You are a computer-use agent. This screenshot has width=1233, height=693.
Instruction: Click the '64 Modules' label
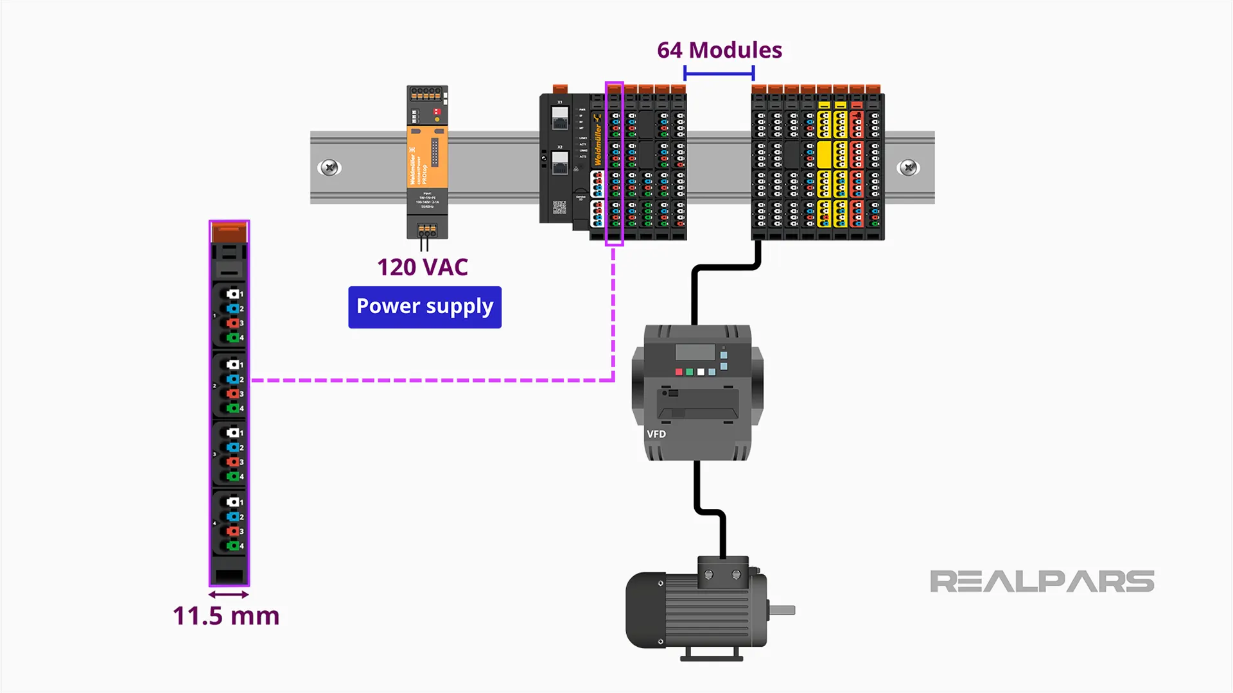(x=719, y=50)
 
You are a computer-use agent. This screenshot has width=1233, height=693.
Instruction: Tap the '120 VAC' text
(x=422, y=267)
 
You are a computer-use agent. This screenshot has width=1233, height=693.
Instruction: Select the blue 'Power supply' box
(x=424, y=307)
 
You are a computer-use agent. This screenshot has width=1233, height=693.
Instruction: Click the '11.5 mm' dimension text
(x=226, y=616)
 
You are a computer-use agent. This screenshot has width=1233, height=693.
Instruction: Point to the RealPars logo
(x=1042, y=581)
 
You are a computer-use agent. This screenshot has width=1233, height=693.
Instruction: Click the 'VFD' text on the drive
(x=656, y=434)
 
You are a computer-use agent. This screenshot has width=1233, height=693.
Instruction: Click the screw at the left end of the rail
(x=329, y=168)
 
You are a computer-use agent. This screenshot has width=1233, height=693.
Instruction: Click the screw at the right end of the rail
(x=908, y=168)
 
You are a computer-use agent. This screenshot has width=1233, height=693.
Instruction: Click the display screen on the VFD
(x=695, y=352)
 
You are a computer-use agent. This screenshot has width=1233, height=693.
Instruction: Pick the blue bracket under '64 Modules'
(x=719, y=73)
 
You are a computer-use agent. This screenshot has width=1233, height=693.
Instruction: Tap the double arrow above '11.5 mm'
(x=229, y=595)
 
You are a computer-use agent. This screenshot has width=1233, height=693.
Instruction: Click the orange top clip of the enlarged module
(x=229, y=232)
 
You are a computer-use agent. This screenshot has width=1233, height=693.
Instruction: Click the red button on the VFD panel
(x=679, y=372)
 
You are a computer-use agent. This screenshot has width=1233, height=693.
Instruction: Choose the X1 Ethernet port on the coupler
(x=560, y=117)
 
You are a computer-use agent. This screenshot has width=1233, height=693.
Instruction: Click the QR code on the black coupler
(x=559, y=207)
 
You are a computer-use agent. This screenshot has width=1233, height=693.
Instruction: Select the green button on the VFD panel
(x=690, y=372)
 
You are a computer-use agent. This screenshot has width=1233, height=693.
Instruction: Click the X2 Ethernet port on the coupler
(x=560, y=162)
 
